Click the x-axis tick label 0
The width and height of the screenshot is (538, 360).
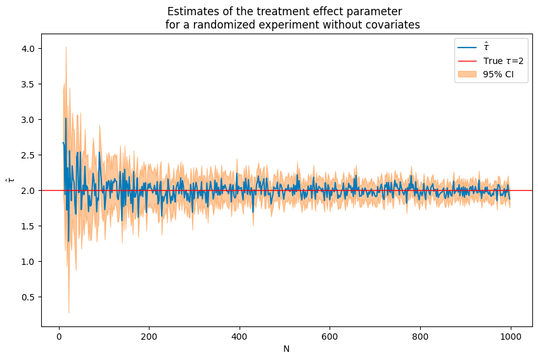58,337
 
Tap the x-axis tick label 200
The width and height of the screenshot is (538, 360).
149,337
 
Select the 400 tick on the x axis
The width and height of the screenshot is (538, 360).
240,337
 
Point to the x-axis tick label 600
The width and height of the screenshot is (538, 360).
330,337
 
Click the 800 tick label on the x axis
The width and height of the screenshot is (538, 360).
420,337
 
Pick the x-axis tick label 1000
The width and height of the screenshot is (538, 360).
511,337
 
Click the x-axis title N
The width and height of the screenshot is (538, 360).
286,349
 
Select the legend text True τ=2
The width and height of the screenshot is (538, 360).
503,61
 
